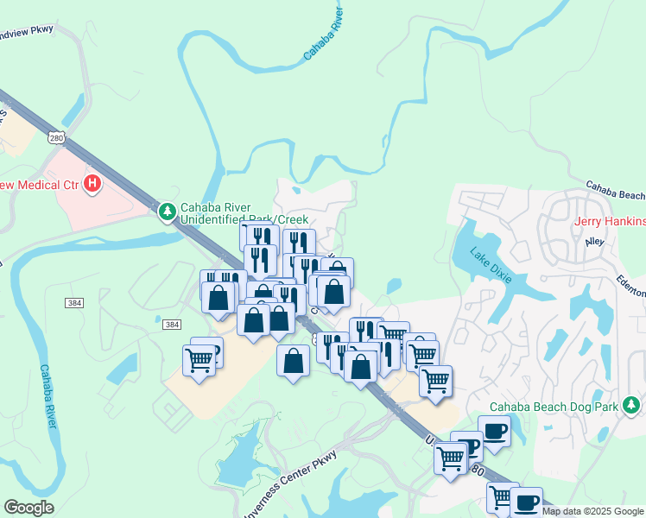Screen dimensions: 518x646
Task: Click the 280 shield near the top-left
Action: click(57, 138)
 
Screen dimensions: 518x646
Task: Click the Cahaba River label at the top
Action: click(325, 36)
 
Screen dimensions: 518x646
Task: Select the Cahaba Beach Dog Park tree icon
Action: click(632, 404)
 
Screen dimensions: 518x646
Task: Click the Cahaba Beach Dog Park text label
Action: click(554, 407)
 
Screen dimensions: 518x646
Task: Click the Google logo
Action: click(28, 509)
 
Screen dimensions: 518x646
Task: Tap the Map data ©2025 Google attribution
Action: click(592, 511)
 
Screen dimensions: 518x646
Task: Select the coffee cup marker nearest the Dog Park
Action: click(494, 430)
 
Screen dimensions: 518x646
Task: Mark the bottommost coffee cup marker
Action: click(526, 502)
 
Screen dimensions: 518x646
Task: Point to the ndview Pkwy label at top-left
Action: click(27, 29)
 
